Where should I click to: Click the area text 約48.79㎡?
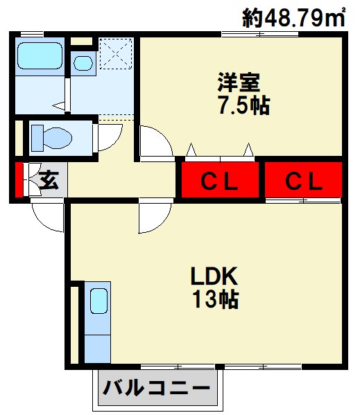294,17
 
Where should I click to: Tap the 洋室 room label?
239,82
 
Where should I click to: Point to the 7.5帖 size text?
243,105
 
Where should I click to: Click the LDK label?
214,276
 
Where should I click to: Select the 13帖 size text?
216,299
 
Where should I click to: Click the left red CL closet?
220,179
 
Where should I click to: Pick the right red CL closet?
303,179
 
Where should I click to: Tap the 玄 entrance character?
49,179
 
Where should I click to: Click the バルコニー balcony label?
156,389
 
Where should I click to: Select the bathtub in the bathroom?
40,56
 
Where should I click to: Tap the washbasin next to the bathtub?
83,63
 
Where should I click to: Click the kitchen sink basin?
98,301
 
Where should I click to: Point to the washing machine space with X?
116,54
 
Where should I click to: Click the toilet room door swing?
110,138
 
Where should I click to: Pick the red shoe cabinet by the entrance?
18,179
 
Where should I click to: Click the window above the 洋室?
260,34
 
